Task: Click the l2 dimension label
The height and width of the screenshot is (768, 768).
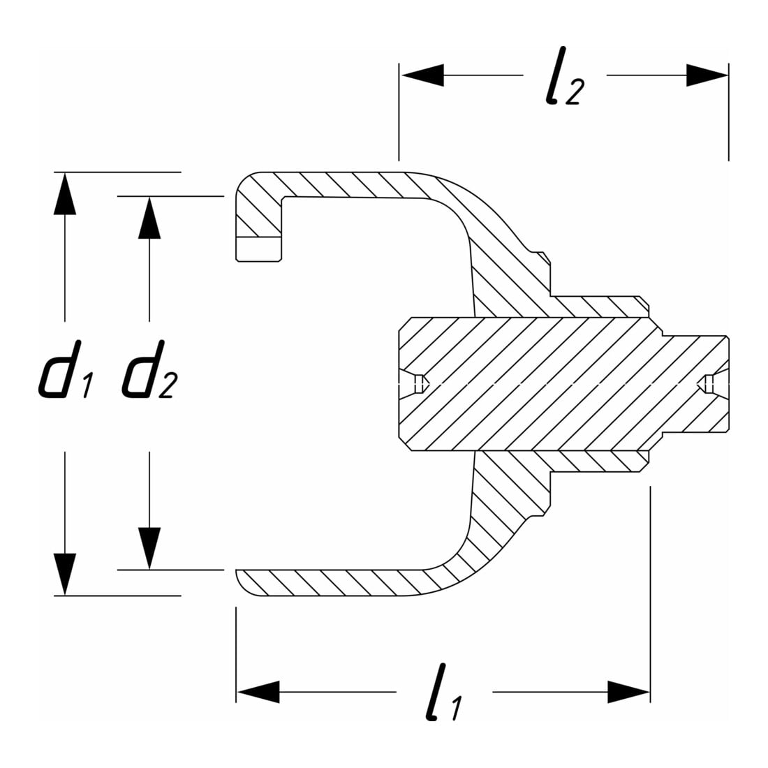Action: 565,77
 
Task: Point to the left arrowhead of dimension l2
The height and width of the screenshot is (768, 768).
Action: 422,75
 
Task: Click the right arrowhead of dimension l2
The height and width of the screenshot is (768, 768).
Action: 707,75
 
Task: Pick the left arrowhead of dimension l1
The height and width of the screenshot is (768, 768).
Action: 258,692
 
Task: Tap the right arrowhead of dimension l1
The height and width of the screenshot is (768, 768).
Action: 629,692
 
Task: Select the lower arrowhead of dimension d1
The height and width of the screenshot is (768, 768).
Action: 65,574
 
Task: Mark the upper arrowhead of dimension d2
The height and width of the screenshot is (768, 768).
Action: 149,217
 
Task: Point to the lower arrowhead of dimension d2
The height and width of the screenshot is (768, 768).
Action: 149,548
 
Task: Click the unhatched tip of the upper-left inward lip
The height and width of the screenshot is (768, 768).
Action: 258,249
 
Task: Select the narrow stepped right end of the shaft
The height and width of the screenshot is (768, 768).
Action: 695,384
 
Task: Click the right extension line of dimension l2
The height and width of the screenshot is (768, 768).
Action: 728,112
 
